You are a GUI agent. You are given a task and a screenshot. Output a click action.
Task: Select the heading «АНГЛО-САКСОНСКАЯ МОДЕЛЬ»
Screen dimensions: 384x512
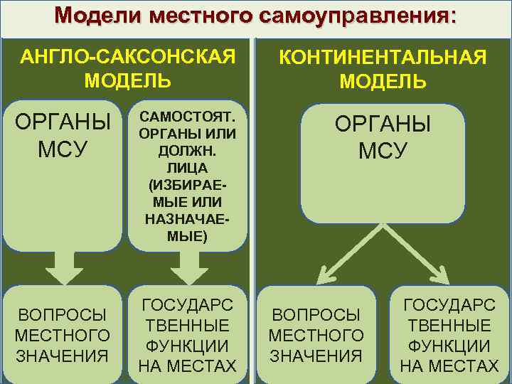[x=128, y=68]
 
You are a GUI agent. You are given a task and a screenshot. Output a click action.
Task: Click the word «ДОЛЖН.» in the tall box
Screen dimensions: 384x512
[x=188, y=151]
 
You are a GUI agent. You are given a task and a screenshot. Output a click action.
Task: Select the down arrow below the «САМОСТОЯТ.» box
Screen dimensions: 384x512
[x=188, y=269]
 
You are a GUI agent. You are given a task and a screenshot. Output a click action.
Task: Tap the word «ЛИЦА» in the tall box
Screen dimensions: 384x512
[x=188, y=168]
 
